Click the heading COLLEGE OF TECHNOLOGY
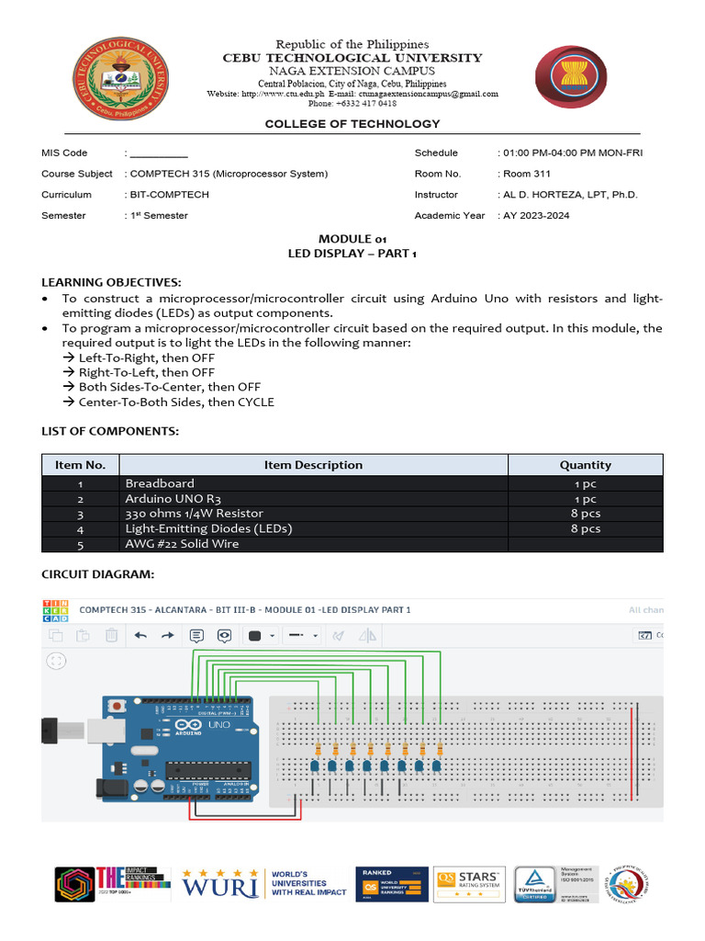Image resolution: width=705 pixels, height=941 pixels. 352,124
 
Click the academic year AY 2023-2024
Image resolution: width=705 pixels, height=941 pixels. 536,216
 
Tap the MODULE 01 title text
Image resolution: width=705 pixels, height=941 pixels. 353,239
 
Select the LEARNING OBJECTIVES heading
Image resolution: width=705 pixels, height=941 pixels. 111,281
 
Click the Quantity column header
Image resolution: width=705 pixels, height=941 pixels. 585,465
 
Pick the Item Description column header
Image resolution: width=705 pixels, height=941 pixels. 313,465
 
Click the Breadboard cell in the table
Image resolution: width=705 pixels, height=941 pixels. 160,483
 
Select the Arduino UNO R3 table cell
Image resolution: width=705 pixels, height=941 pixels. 174,498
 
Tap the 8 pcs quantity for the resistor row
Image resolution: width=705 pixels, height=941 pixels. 585,514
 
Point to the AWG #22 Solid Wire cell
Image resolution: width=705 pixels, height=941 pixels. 182,544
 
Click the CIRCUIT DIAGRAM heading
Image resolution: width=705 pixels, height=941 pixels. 97,574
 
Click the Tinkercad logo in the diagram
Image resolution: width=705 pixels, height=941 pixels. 54,611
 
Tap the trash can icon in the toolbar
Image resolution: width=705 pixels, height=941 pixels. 111,635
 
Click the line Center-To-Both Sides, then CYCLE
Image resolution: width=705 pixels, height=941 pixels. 175,402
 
